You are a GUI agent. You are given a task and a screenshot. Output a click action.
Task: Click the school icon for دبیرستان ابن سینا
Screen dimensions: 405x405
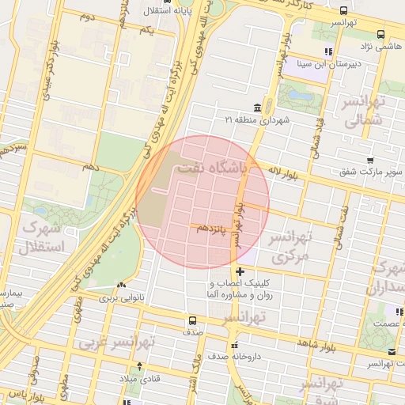(x=327, y=52)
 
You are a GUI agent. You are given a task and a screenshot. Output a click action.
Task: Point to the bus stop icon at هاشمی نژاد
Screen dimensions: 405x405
(x=380, y=34)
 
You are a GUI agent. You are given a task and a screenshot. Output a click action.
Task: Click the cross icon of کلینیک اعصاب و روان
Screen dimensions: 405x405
(x=240, y=272)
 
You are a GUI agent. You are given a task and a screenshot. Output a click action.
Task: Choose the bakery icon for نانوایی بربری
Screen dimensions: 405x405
(x=121, y=287)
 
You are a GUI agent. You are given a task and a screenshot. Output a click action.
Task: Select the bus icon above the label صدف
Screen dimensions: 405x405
(x=192, y=321)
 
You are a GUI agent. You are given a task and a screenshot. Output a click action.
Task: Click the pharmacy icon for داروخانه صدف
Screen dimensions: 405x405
(x=233, y=345)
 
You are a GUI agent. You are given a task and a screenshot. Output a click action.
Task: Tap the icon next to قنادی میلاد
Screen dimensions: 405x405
(x=140, y=366)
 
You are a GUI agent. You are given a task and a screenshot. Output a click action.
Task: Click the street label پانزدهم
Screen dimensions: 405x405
(x=211, y=229)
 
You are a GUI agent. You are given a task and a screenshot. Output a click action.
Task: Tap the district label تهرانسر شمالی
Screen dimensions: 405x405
(x=364, y=111)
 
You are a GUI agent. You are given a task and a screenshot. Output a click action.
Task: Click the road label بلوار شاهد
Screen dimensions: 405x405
(x=317, y=343)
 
